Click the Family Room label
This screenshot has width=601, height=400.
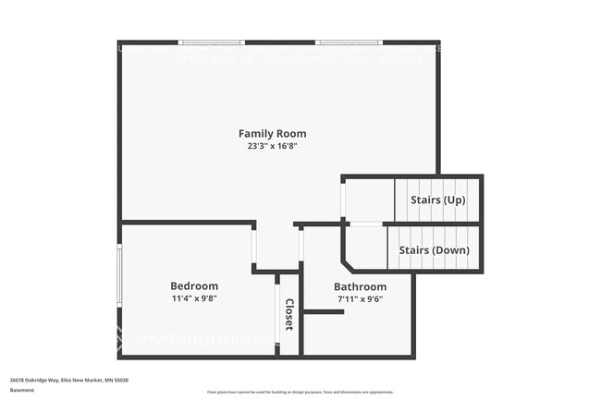(272, 134)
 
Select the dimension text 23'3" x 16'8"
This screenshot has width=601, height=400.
(272, 146)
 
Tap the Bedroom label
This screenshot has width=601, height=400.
(194, 286)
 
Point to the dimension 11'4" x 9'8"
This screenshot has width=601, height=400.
(194, 298)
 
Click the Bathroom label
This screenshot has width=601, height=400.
(360, 287)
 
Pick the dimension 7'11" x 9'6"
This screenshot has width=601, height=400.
(360, 298)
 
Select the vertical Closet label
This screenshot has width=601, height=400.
(289, 315)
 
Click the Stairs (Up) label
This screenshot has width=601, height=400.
(437, 200)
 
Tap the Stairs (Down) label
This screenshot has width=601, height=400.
(434, 250)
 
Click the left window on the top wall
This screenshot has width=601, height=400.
(212, 42)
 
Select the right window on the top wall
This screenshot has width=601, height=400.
(349, 42)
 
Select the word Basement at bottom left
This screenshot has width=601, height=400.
(22, 390)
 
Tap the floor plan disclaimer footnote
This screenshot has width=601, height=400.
(300, 393)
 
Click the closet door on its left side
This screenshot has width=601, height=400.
(278, 315)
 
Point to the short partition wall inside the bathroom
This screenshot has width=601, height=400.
(324, 312)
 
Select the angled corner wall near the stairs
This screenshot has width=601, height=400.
(350, 251)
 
